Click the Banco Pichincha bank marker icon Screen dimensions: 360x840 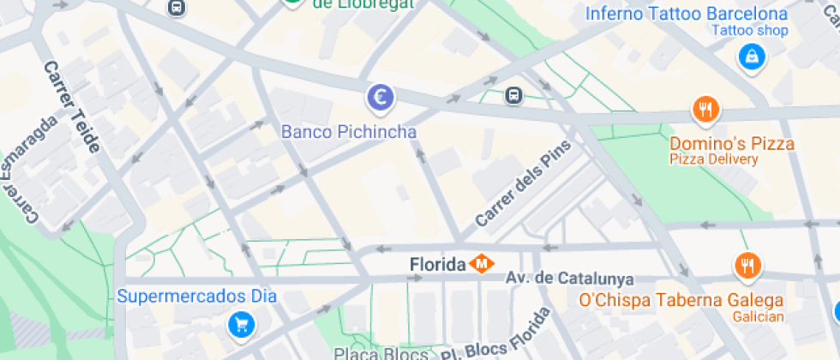tap(380, 97)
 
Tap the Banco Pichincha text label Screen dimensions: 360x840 tap(349, 132)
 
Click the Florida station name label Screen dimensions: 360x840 tap(437, 265)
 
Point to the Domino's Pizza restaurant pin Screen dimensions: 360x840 tap(705, 110)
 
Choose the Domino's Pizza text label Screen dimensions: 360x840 tap(732, 143)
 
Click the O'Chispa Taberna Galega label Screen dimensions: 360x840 tap(681, 300)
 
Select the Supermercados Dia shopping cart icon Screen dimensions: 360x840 tap(241, 324)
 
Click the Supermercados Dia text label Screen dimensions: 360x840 tap(196, 297)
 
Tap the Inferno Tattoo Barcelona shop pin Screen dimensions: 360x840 tap(751, 57)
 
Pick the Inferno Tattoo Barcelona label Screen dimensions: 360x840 tap(686, 14)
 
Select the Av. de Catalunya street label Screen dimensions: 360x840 tap(569, 279)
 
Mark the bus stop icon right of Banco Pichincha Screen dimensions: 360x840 tap(513, 95)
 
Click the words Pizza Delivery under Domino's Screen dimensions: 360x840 tap(714, 159)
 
